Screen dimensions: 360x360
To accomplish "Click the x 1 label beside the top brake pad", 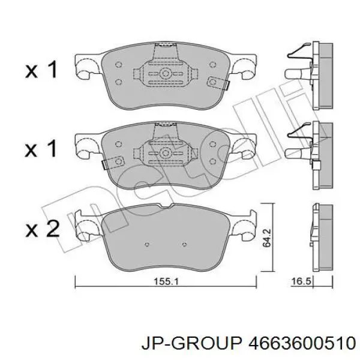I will (x=42, y=70).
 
